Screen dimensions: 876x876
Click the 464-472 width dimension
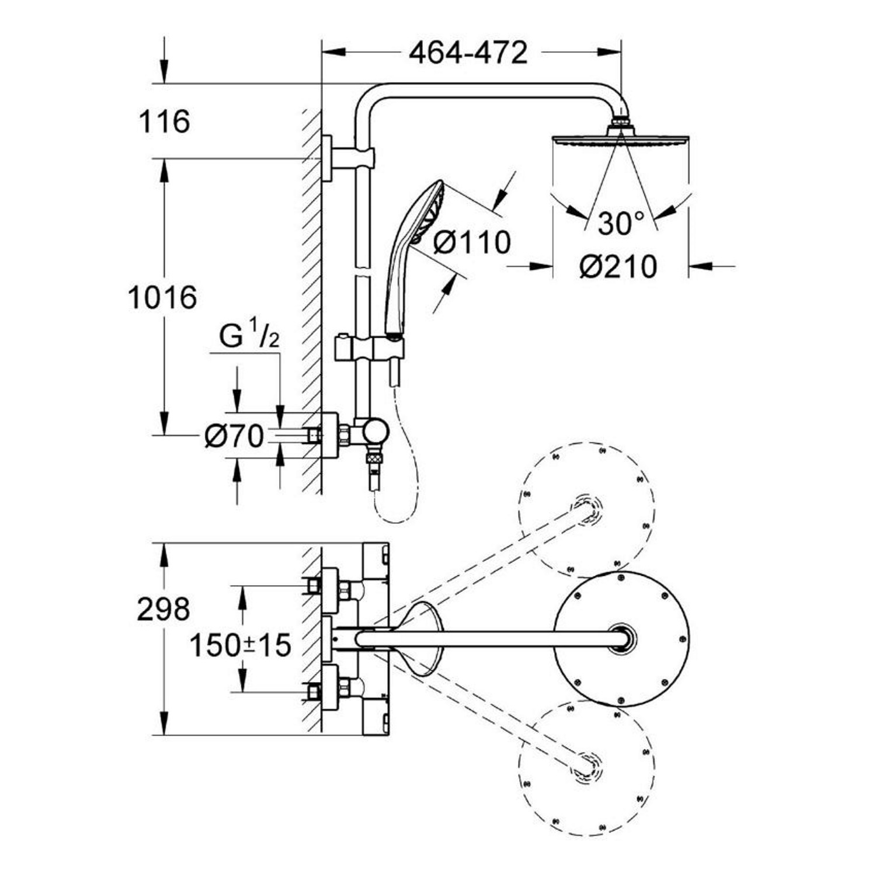click(468, 53)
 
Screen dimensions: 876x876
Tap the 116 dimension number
click(164, 121)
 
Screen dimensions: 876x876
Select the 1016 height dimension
click(162, 298)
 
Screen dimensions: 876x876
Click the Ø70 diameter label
click(234, 436)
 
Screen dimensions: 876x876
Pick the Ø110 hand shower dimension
click(472, 241)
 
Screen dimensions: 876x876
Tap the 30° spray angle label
click(620, 223)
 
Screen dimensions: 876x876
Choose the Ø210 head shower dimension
click(618, 267)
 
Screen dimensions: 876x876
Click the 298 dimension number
click(163, 609)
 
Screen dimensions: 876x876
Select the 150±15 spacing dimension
click(241, 645)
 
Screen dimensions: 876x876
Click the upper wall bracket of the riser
click(347, 158)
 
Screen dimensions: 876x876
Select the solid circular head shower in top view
click(621, 638)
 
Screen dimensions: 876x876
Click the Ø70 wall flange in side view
click(329, 435)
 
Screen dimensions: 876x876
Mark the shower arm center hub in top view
click(621, 638)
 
